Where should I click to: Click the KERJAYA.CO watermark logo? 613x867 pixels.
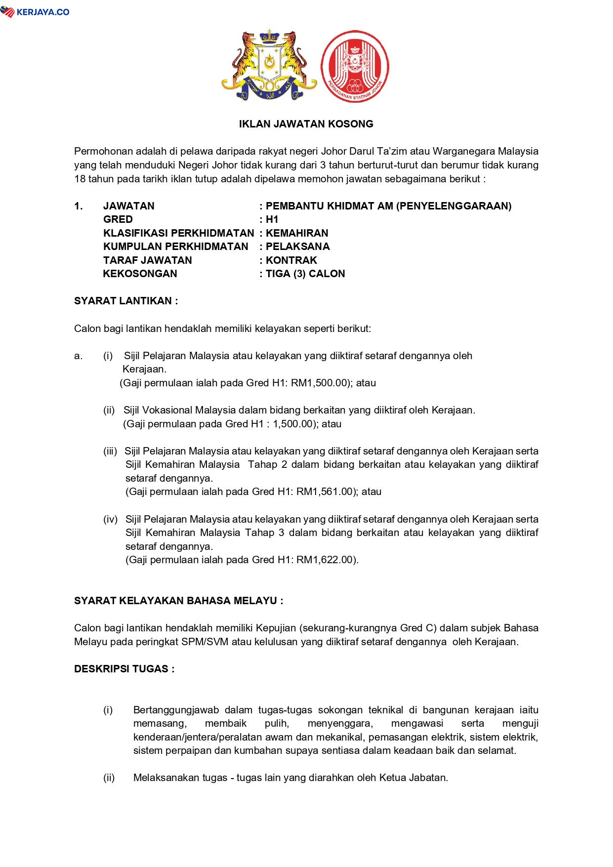[x=35, y=12]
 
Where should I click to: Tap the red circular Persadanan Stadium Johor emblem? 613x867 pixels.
[x=355, y=67]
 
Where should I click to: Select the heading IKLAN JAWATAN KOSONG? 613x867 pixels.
[x=306, y=124]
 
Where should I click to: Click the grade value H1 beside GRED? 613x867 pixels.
[x=272, y=219]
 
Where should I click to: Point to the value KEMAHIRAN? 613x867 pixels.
[x=297, y=233]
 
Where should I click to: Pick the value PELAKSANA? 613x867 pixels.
[x=297, y=247]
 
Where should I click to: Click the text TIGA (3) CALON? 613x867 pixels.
[x=305, y=274]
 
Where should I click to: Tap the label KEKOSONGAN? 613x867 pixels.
[x=140, y=274]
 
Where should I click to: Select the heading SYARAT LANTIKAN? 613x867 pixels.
[x=125, y=301]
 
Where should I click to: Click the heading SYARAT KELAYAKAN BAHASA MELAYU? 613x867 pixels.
[x=178, y=601]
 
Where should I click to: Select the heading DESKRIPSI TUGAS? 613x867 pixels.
[x=124, y=669]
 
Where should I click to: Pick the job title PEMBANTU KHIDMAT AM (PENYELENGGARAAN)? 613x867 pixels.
[x=388, y=206]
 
